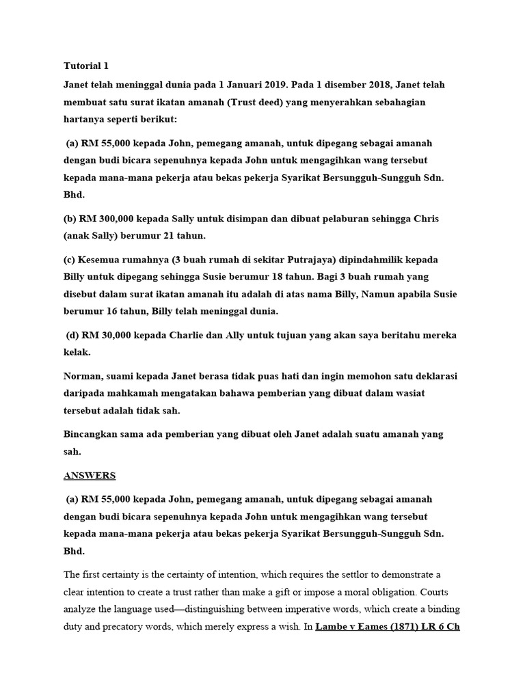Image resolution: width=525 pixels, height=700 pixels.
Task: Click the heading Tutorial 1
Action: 86,66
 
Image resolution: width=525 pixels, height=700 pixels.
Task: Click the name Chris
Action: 427,219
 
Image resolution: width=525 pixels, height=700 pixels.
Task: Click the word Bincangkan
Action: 92,435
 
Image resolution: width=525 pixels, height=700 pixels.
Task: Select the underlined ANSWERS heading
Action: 90,476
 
